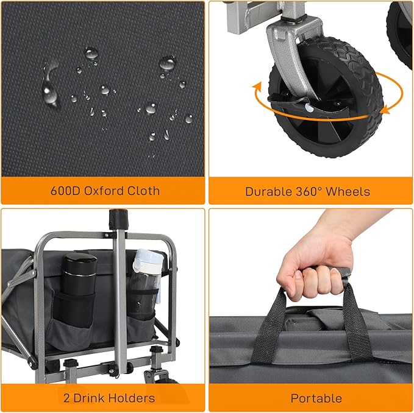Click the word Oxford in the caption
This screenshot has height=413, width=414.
pyautogui.click(x=103, y=191)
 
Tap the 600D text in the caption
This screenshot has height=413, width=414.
pyautogui.click(x=62, y=191)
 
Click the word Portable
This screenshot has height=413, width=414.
pyautogui.click(x=316, y=398)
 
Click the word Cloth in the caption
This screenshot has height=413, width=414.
pyautogui.click(x=143, y=191)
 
